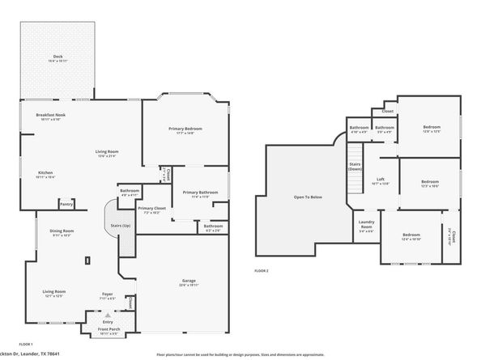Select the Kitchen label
click(x=46, y=172)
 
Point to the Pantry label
click(x=66, y=204)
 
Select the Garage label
click(x=188, y=281)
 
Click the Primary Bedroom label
click(x=185, y=129)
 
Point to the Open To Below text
click(x=308, y=197)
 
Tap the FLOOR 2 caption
click(x=261, y=270)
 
